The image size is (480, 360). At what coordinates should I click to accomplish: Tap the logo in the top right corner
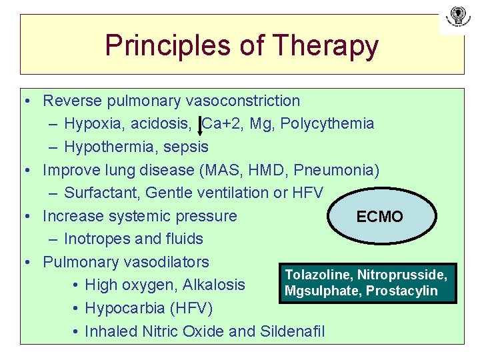(x=457, y=18)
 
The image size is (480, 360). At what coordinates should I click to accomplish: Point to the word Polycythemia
(x=335, y=124)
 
